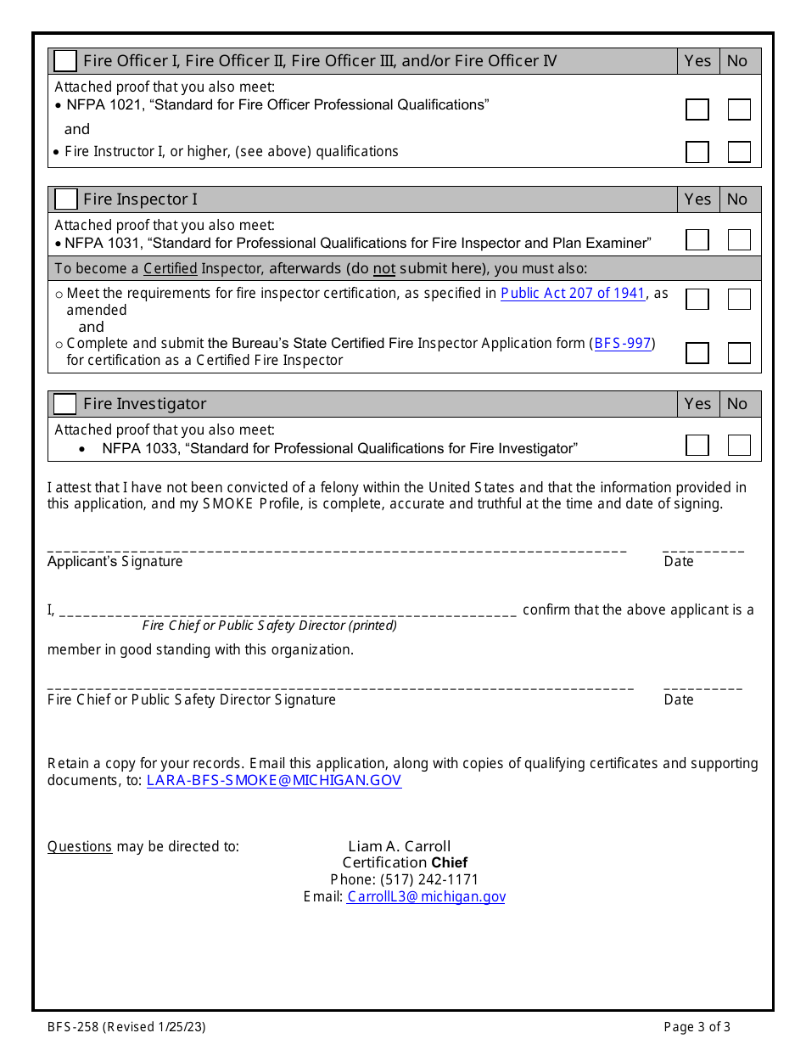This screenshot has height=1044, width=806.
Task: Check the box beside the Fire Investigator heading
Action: coord(65,404)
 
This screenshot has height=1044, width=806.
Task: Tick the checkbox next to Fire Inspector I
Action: coord(65,199)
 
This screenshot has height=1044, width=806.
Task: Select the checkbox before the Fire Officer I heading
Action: coord(65,61)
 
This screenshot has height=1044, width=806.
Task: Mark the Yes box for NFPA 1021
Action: coord(697,109)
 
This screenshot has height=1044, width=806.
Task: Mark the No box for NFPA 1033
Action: coord(739,446)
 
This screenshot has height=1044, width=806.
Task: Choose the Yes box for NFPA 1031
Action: coord(697,240)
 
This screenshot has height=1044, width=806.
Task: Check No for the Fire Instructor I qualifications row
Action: coord(739,152)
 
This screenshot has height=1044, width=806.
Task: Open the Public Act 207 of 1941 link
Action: coord(573,293)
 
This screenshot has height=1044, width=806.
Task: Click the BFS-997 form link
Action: coord(622,344)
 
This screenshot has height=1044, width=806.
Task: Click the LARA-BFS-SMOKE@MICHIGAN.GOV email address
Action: coord(274,780)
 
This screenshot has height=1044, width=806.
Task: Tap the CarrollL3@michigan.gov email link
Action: coord(426,896)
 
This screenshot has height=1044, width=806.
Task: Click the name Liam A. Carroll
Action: coord(399,846)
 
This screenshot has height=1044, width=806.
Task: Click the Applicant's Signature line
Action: coord(337,549)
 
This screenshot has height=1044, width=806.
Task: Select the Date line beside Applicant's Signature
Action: coord(702,549)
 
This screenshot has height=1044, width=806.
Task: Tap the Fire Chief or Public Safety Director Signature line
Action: coord(340,688)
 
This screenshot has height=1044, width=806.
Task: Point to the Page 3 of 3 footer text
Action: coord(697,1027)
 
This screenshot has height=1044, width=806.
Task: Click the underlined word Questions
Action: coord(80,846)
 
